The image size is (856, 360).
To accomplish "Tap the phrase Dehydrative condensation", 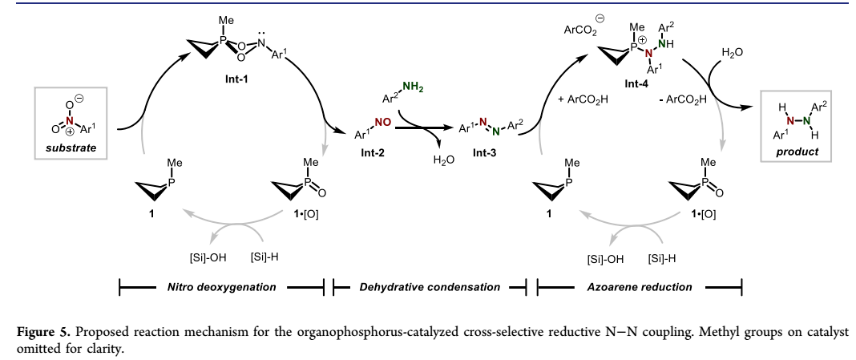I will (x=431, y=286).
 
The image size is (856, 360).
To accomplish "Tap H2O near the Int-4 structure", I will (x=733, y=52).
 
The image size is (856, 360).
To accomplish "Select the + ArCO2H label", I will (x=580, y=100).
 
